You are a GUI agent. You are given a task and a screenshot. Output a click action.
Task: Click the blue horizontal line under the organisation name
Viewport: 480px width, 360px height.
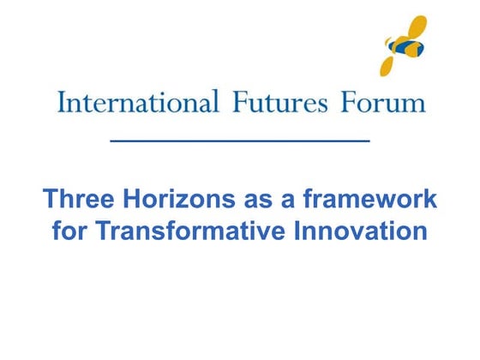[x=241, y=139]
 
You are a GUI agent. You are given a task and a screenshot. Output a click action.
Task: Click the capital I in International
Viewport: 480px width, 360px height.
[x=61, y=103]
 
